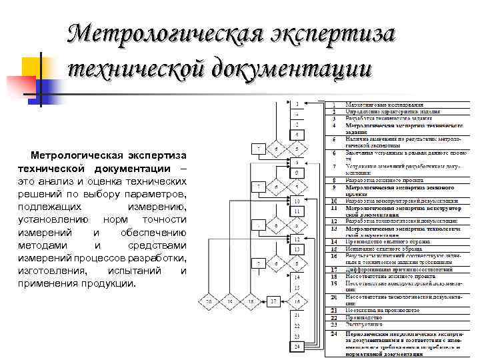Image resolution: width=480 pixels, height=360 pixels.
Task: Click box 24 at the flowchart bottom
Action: [x=296, y=346]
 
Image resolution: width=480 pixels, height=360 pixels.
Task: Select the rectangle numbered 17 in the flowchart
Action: [x=273, y=302]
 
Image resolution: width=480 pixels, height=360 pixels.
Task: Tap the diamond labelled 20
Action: [x=209, y=302]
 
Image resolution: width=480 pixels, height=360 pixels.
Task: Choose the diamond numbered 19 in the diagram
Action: [x=231, y=302]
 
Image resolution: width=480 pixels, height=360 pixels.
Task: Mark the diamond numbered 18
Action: [x=251, y=302]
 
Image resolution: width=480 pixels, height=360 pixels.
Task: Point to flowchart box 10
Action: [x=296, y=200]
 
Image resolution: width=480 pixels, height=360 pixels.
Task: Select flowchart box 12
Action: [x=296, y=238]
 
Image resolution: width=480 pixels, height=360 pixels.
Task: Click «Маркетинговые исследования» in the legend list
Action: [x=383, y=105]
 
